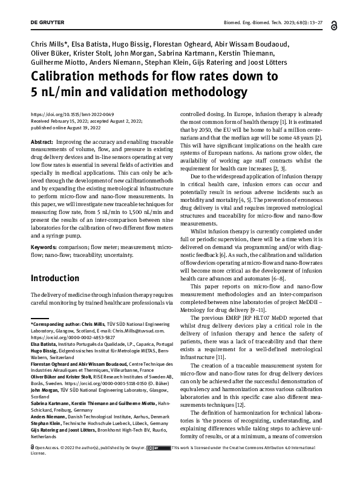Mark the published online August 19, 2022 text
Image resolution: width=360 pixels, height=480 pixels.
pos(65,126)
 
